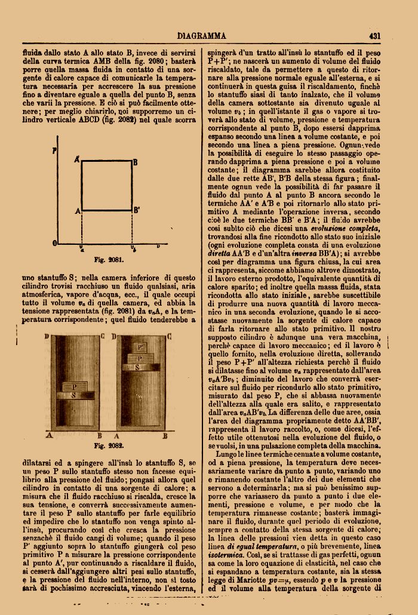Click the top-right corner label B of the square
pos(136,162)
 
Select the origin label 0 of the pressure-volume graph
pos(55,244)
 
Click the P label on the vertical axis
pos(55,151)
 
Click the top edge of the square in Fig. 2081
pos(106,161)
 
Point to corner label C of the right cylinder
pos(169,337)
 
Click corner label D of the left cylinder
pos(47,337)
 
